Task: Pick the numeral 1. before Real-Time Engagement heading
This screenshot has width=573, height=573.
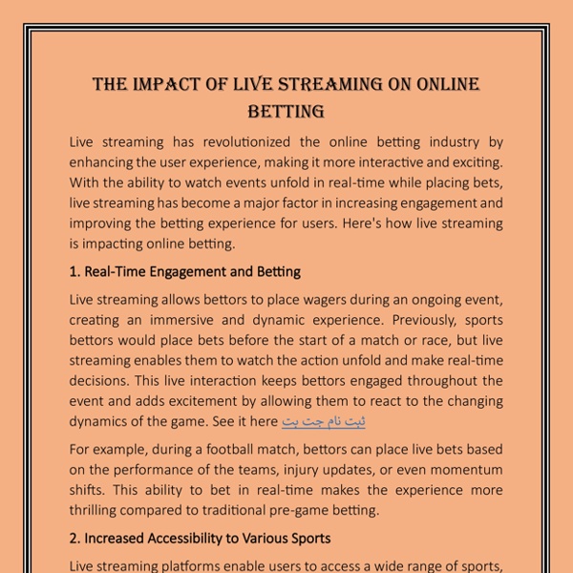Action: click(75, 272)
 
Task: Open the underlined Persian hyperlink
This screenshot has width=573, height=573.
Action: click(324, 421)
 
